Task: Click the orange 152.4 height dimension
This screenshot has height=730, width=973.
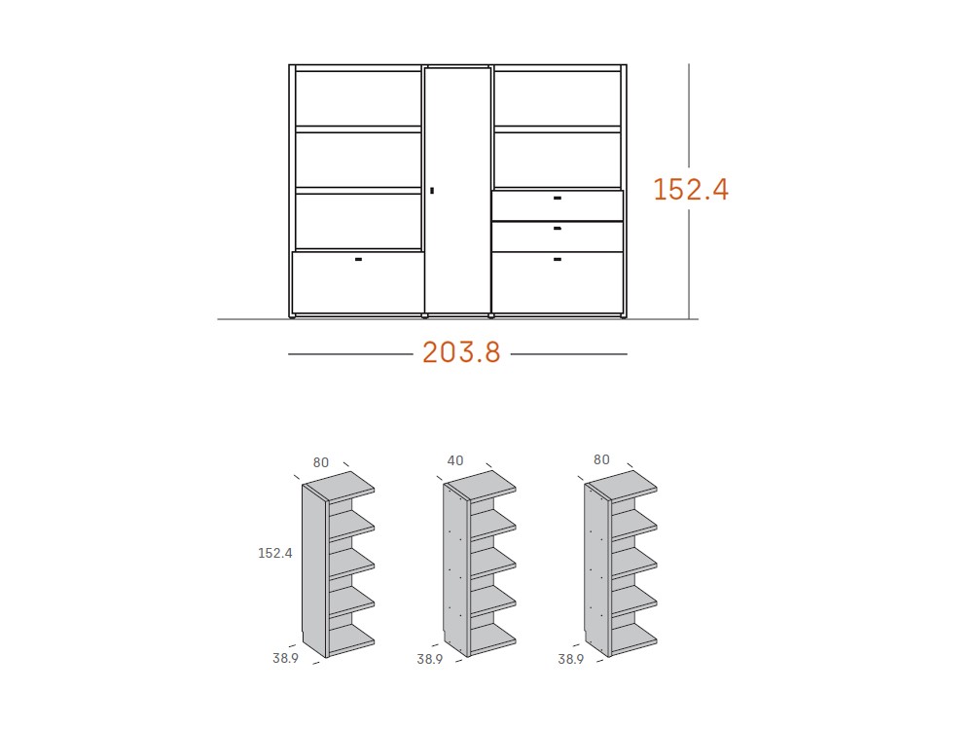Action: click(x=691, y=189)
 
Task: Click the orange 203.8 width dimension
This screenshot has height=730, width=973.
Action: click(x=461, y=352)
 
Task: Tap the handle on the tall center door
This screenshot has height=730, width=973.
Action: click(x=432, y=191)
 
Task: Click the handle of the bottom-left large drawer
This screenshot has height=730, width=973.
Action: click(x=358, y=259)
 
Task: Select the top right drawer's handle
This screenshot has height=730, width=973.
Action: click(x=558, y=198)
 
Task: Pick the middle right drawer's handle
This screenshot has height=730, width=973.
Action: click(x=558, y=229)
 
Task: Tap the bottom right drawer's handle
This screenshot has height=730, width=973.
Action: click(x=558, y=259)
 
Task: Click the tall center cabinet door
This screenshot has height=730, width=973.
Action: click(x=458, y=190)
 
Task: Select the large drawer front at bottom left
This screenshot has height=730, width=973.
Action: click(x=358, y=282)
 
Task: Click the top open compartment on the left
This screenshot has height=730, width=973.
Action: click(x=358, y=98)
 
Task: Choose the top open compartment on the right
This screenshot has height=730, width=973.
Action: click(x=558, y=98)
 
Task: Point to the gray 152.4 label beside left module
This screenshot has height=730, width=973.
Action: click(x=275, y=553)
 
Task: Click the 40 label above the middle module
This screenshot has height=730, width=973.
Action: click(x=455, y=460)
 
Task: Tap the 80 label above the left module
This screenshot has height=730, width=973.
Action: click(x=321, y=462)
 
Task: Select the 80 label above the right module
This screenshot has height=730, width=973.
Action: click(x=601, y=459)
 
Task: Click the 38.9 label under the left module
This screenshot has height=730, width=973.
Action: click(x=285, y=659)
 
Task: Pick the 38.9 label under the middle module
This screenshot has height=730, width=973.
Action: click(x=429, y=659)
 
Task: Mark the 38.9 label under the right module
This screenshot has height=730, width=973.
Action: click(x=570, y=659)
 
